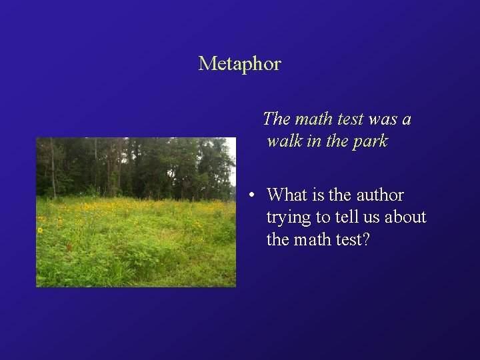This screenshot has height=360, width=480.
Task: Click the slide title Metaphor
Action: (239, 64)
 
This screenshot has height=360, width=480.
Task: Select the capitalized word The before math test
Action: (276, 119)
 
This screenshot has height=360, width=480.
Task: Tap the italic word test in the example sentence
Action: (350, 119)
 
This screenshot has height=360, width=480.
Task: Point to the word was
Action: (382, 119)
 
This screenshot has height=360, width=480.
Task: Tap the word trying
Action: (289, 218)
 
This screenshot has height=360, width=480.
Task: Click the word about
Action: (409, 217)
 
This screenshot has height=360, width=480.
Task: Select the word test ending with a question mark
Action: (351, 239)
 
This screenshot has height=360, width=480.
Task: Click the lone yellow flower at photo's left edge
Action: (40, 231)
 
